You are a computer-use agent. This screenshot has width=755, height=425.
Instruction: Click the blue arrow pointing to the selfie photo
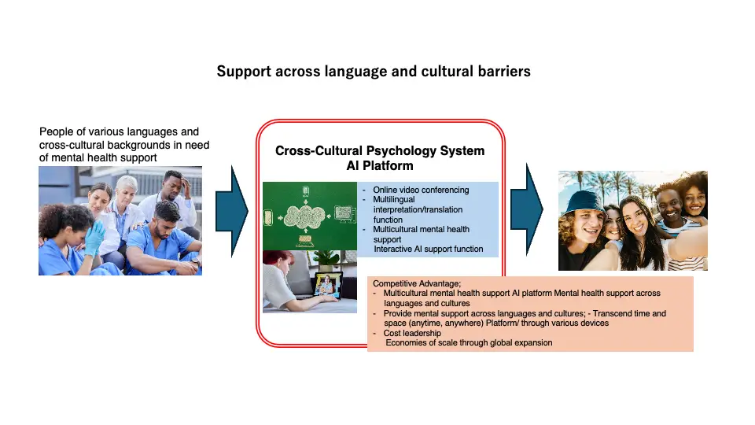click(x=527, y=209)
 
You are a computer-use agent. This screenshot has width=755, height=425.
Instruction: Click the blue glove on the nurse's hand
click(x=94, y=238)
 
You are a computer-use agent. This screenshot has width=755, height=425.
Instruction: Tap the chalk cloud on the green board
click(x=304, y=216)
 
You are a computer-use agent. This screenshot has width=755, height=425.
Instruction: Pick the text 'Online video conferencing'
click(x=421, y=190)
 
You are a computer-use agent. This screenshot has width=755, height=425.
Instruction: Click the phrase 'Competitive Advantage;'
click(x=417, y=283)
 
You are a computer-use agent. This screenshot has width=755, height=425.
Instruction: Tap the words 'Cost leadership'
click(x=412, y=333)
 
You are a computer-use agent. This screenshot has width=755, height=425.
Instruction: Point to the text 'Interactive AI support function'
click(x=428, y=249)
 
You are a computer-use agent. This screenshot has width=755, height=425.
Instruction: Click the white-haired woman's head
click(x=127, y=188)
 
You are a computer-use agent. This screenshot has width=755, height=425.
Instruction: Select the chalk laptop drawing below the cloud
click(x=304, y=239)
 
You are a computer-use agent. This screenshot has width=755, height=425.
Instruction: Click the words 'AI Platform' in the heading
click(x=380, y=166)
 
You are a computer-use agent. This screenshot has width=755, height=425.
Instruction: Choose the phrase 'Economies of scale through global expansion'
click(x=469, y=342)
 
